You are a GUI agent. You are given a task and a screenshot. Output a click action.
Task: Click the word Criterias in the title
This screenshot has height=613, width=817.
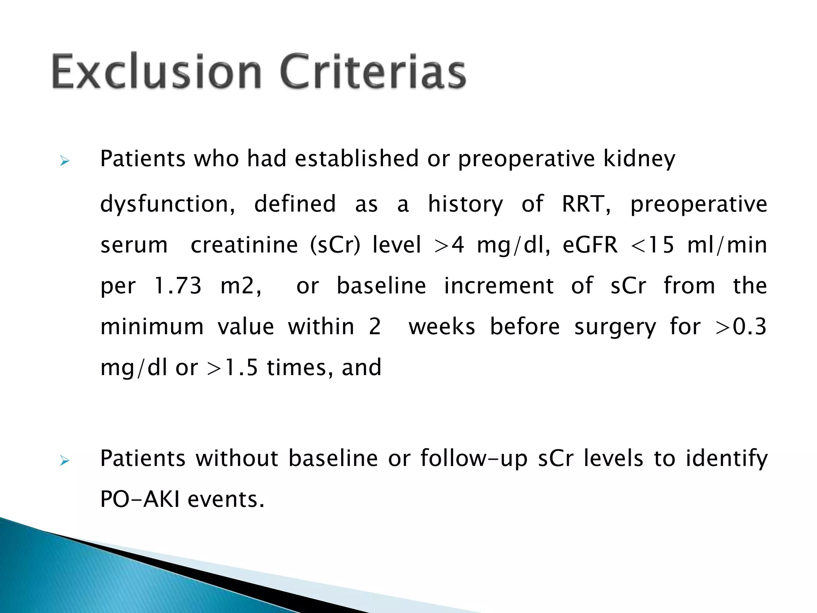(373, 72)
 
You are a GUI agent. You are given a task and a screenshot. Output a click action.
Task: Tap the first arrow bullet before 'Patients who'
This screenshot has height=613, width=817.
(65, 161)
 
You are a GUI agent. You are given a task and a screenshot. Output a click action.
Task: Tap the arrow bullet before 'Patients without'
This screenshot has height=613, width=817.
(65, 461)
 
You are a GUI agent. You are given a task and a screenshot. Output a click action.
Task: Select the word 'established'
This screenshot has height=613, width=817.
(356, 158)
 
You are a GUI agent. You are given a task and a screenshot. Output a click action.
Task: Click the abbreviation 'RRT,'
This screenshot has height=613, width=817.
(586, 204)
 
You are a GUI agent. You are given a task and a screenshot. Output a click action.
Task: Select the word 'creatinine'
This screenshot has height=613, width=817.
(244, 245)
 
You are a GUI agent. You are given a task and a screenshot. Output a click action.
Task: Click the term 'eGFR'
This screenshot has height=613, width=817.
(590, 245)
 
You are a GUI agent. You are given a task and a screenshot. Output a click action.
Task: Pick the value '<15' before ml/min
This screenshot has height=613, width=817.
(653, 245)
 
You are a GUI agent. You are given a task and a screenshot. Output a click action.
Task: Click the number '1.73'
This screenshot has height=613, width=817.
(178, 286)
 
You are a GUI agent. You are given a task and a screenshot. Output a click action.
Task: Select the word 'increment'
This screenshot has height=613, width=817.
(499, 286)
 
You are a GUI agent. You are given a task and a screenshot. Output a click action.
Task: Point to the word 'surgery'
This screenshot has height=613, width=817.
(615, 327)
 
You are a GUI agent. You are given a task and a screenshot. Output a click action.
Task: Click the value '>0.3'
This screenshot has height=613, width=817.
(741, 327)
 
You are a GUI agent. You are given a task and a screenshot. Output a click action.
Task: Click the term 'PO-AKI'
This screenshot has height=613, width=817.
(140, 499)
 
